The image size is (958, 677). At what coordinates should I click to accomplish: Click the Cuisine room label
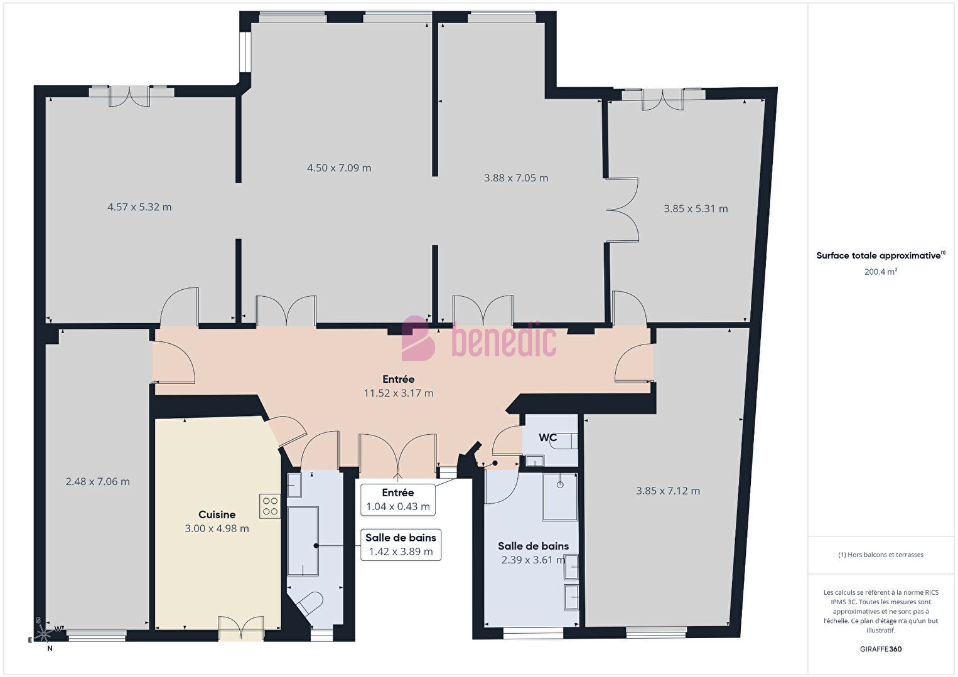[217, 514]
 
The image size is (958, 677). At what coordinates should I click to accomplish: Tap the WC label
[547, 437]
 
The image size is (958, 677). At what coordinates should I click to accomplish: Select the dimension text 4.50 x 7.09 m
[339, 168]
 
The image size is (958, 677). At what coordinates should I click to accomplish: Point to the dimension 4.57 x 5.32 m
[139, 207]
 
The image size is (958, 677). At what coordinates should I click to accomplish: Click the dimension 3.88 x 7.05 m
[516, 178]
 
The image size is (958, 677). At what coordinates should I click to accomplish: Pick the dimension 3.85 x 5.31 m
[696, 209]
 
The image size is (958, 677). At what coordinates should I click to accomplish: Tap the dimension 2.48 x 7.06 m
[97, 482]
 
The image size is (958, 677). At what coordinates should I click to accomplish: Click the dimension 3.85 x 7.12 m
[668, 491]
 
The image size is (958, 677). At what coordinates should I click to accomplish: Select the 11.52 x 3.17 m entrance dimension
[399, 393]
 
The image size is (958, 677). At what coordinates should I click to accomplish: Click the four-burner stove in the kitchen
[270, 506]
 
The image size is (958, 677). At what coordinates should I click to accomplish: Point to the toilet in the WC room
[564, 441]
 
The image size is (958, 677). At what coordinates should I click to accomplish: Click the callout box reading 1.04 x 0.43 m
[398, 500]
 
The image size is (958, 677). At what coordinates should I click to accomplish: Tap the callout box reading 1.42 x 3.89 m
[401, 545]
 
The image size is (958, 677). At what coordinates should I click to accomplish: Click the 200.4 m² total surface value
[881, 272]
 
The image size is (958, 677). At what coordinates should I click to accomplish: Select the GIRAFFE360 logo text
[881, 649]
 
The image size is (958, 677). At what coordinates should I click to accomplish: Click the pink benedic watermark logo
[479, 339]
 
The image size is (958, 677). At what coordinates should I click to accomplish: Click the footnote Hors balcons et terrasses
[881, 555]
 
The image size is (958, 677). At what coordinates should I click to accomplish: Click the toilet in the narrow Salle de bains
[309, 604]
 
